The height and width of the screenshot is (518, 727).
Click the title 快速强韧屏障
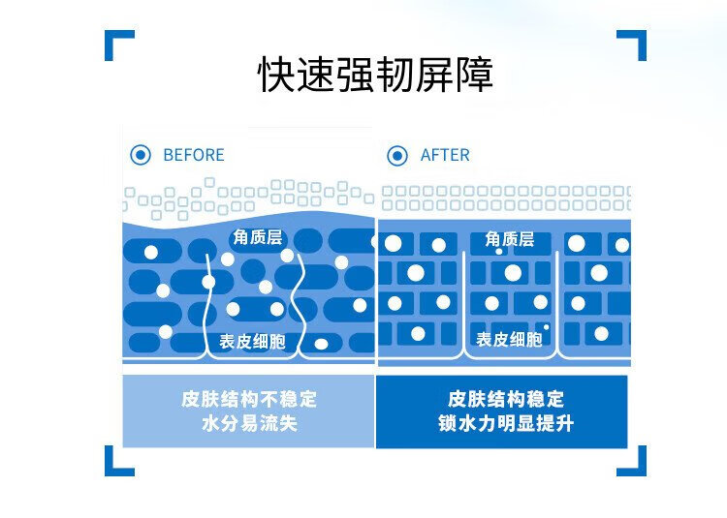[375, 75]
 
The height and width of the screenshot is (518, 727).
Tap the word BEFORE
[194, 155]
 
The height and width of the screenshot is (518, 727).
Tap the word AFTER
[445, 155]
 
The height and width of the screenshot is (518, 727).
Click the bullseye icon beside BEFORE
[141, 155]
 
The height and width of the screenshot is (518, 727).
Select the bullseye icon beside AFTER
[397, 156]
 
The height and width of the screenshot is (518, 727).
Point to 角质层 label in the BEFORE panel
[258, 237]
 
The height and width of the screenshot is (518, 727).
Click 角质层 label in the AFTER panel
[510, 239]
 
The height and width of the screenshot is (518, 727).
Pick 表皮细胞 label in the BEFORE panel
[252, 342]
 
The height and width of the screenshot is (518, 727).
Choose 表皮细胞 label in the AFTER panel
[509, 339]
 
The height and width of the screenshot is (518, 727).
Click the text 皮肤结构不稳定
[249, 399]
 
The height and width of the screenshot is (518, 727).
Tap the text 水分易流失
[249, 423]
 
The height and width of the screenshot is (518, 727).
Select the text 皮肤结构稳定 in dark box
[506, 399]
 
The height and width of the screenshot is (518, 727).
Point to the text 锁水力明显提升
[506, 423]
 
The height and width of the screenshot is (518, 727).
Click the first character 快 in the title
[276, 75]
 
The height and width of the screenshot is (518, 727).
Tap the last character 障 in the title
[475, 75]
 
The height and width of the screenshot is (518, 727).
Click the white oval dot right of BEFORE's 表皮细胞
[321, 344]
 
